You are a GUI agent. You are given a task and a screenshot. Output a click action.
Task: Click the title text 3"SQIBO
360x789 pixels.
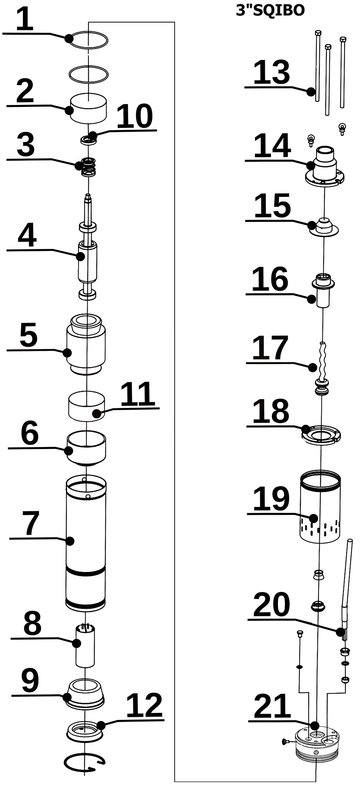click(x=270, y=11)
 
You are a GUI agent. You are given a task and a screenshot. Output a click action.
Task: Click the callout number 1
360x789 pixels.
click(x=24, y=19)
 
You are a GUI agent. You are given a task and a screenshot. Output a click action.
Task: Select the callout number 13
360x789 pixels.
click(x=272, y=73)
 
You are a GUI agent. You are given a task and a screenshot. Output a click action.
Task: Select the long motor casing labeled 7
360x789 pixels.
click(x=86, y=544)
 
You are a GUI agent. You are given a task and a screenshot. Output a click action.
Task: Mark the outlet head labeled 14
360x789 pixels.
click(x=324, y=168)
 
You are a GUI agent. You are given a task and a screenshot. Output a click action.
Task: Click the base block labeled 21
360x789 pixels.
click(x=317, y=746)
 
